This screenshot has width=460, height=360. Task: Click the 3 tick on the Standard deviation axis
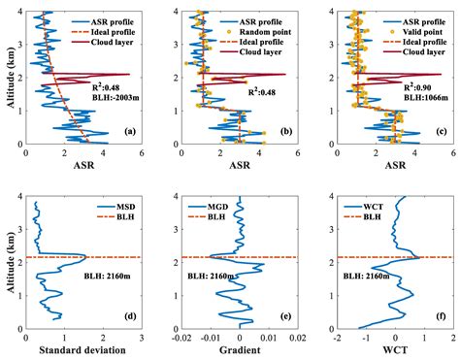(142, 339)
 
